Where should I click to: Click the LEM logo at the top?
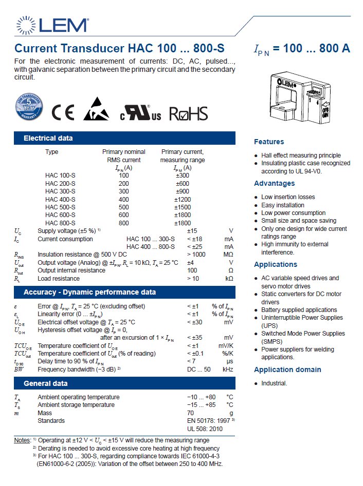[52, 25]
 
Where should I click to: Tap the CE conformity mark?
[63, 113]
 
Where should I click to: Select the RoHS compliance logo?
[189, 113]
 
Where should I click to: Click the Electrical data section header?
[48, 138]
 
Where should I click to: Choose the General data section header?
[46, 383]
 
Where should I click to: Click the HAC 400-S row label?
[60, 199]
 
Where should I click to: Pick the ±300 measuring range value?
[183, 176]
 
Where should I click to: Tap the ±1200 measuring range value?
[183, 199]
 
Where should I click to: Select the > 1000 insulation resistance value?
[196, 255]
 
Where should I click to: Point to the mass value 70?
[190, 413]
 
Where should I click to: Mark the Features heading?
[269, 142]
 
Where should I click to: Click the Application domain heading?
[287, 370]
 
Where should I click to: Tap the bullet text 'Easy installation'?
[283, 205]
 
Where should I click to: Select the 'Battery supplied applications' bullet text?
[299, 310]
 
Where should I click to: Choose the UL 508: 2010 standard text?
[205, 429]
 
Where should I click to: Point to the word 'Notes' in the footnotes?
[22, 440]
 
